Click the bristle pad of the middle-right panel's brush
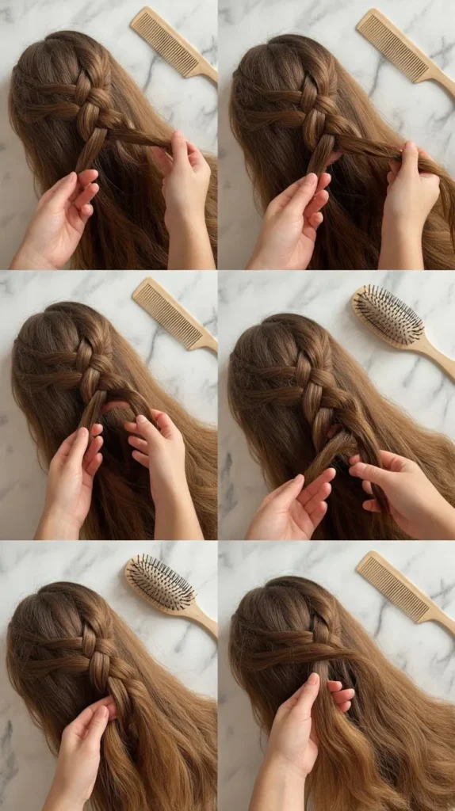(388, 314)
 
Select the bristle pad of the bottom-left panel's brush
(161, 582)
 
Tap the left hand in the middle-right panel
(297, 507)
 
